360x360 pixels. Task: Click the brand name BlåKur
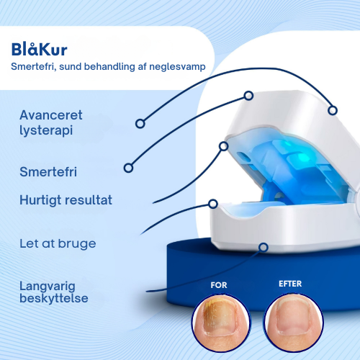[39, 50]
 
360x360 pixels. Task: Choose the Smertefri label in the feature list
[48, 172]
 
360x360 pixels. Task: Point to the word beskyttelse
[55, 297]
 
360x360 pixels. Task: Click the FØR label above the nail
[219, 284]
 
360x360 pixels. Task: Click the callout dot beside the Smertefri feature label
[128, 168]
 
